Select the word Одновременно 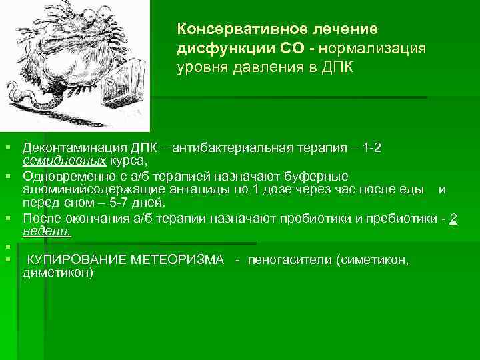59,176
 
